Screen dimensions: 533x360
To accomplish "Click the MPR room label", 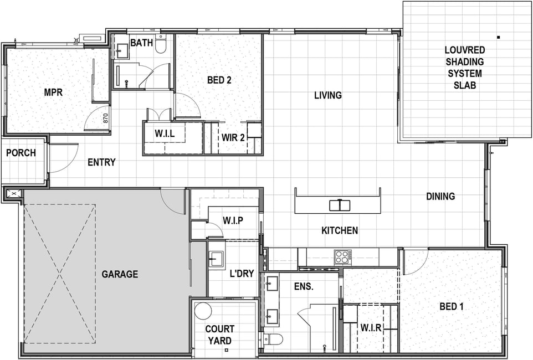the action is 53,92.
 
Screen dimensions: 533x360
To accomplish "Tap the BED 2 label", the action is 219,80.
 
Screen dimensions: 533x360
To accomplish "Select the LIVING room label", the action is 327,95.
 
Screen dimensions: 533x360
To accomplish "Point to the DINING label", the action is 440,196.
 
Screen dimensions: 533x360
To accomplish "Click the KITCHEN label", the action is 340,230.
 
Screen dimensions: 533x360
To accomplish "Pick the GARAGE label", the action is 120,274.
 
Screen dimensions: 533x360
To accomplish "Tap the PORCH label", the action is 21,153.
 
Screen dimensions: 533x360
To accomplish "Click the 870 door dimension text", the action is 105,118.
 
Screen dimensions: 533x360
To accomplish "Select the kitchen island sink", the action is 340,205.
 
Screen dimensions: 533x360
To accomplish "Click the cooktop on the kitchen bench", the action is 342,256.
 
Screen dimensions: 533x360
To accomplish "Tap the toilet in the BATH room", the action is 161,44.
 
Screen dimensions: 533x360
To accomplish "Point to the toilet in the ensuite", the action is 273,340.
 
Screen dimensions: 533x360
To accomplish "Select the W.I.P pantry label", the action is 233,220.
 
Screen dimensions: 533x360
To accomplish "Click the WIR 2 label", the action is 233,138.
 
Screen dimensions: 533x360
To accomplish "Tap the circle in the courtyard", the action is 203,311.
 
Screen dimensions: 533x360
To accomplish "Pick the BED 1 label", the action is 452,307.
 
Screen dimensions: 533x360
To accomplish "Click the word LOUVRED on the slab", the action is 465,50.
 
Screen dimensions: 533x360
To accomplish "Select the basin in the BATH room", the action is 120,52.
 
